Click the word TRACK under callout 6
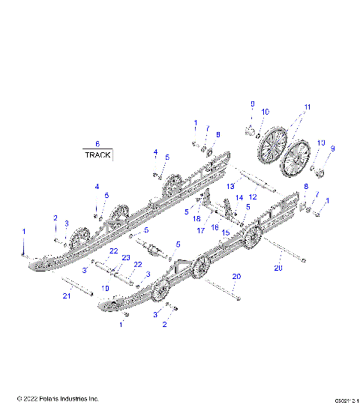click(97, 155)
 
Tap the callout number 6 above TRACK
click(97, 143)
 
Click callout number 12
click(253, 196)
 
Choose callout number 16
click(214, 226)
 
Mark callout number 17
click(200, 231)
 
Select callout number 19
click(104, 287)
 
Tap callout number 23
click(115, 257)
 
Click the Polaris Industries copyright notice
click(58, 397)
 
